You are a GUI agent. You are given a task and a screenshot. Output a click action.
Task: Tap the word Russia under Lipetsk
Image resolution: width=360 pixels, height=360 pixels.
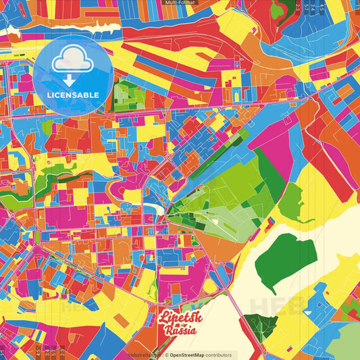point(179,330)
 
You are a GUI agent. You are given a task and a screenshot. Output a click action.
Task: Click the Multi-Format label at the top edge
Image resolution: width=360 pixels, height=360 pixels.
point(180,3)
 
